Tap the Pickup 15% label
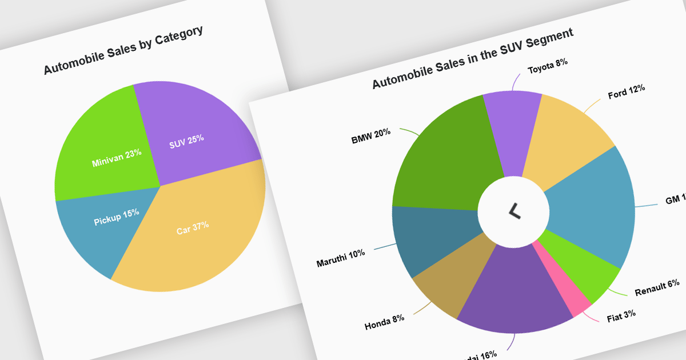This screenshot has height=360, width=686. point(117,217)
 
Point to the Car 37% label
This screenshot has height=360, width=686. point(193,229)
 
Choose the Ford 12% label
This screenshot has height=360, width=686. point(626,91)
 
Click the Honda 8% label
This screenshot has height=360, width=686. point(384,322)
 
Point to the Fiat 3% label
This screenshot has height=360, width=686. point(621,315)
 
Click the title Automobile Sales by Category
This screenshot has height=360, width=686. point(123,50)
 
